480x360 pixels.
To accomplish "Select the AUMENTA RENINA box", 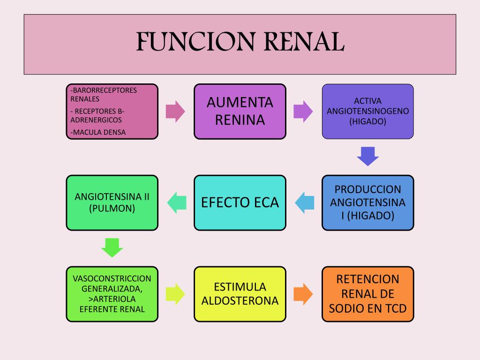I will tap(240, 112).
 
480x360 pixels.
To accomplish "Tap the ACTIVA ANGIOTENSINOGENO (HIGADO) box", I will tap(367, 112).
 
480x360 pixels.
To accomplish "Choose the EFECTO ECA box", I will tap(240, 202).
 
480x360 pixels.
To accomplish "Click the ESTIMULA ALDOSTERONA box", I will tap(240, 294).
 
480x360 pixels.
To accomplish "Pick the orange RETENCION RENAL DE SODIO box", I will tap(367, 294).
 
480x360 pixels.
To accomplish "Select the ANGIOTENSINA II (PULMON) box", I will tap(112, 202).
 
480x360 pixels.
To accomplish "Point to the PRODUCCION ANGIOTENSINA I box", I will tap(367, 202).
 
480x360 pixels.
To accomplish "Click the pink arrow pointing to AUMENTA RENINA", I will tap(176, 112).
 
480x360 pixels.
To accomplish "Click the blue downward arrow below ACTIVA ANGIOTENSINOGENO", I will tap(367, 157).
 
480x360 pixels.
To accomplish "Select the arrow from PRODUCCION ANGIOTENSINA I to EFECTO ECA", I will tap(304, 202).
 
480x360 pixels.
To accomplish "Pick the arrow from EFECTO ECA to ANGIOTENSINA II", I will tap(176, 202).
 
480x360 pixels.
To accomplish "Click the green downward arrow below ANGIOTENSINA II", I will tap(112, 247).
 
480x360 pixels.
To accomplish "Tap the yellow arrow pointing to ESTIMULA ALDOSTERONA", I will tap(176, 294).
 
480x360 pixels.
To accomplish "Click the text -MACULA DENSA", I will tap(98, 132).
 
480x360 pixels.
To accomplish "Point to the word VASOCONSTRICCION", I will tap(112, 278).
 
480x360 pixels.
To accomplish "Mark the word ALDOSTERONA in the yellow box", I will tap(240, 301).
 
